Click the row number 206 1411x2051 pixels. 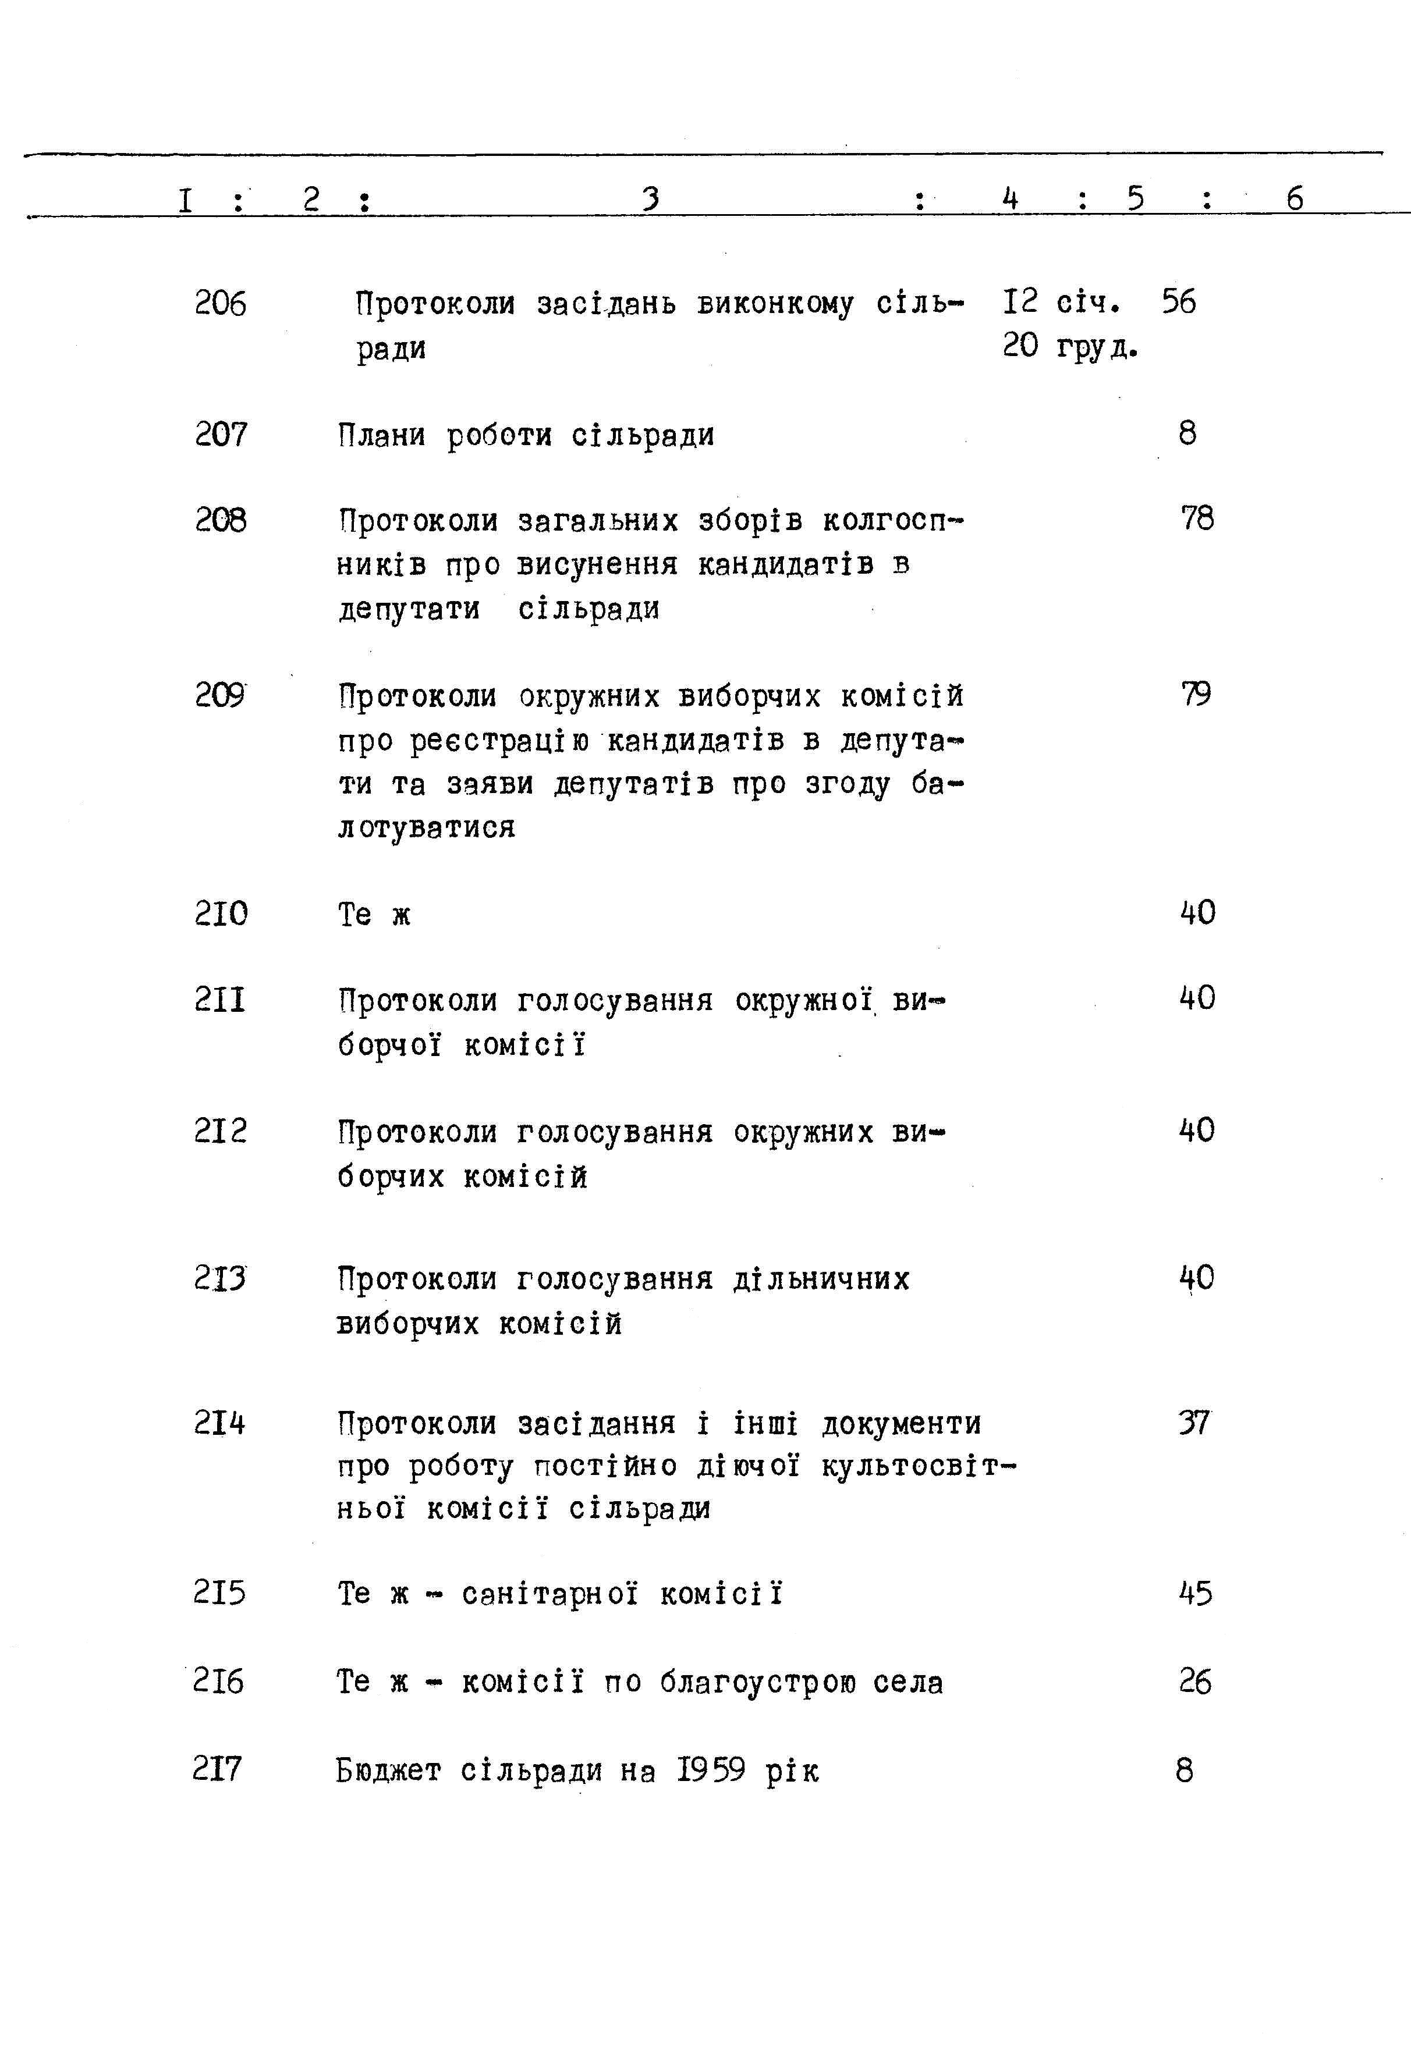[x=220, y=303]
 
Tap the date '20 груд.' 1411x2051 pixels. [x=1070, y=346]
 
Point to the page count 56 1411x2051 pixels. [x=1179, y=301]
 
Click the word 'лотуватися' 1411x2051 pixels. [x=426, y=828]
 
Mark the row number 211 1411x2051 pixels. [x=220, y=1000]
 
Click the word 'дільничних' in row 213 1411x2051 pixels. [x=821, y=1279]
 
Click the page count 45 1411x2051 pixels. [x=1195, y=1593]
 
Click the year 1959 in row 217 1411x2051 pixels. [x=712, y=1769]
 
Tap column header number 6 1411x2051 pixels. [x=1295, y=198]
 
